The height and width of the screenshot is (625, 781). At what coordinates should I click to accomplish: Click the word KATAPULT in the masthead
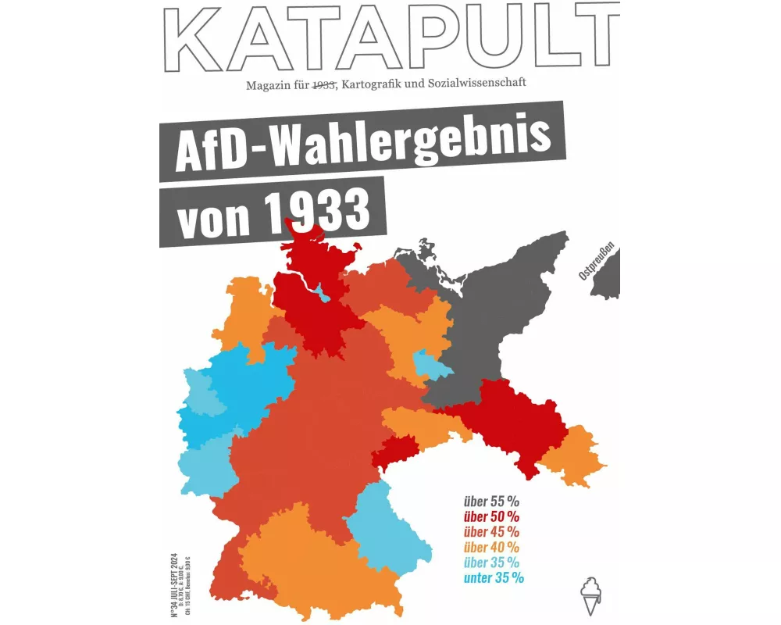pyautogui.click(x=390, y=37)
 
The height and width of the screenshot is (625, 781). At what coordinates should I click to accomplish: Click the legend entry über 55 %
pyautogui.click(x=491, y=501)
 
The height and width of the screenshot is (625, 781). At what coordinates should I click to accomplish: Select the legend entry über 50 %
pyautogui.click(x=491, y=516)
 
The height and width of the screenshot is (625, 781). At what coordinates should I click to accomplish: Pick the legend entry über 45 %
pyautogui.click(x=491, y=532)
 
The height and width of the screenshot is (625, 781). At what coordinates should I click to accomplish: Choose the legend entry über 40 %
pyautogui.click(x=491, y=547)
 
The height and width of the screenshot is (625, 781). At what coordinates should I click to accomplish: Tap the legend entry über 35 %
pyautogui.click(x=491, y=562)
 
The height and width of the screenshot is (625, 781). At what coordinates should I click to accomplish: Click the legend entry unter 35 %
pyautogui.click(x=494, y=578)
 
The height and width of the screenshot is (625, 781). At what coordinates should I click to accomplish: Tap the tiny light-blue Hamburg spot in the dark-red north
pyautogui.click(x=321, y=293)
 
